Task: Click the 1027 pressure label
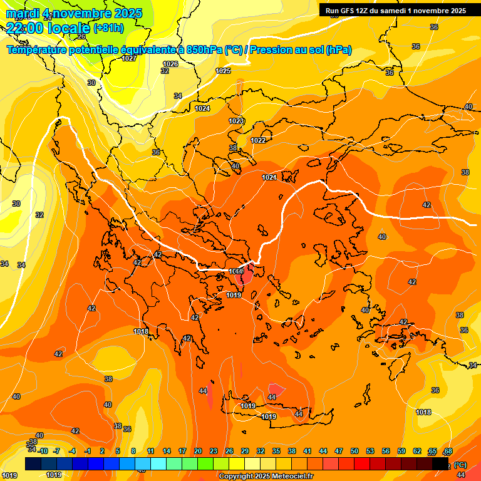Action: coord(130,58)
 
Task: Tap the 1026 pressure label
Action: coord(170,64)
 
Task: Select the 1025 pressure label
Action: coord(223,71)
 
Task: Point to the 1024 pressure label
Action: coord(202,108)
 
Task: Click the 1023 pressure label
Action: coord(236,121)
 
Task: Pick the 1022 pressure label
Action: coord(259,140)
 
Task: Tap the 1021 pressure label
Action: coord(269,177)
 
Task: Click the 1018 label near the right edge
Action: coord(423,411)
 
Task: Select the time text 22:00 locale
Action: coord(48,28)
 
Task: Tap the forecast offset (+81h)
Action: coord(108,28)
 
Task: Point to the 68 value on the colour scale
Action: coord(448,451)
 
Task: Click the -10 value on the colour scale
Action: coord(43,451)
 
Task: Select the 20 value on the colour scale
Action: coord(198,451)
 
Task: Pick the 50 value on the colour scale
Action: coord(354,451)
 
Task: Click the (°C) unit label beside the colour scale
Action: coord(460,465)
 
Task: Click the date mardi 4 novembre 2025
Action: coord(74,13)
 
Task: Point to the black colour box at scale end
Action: coord(440,464)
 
